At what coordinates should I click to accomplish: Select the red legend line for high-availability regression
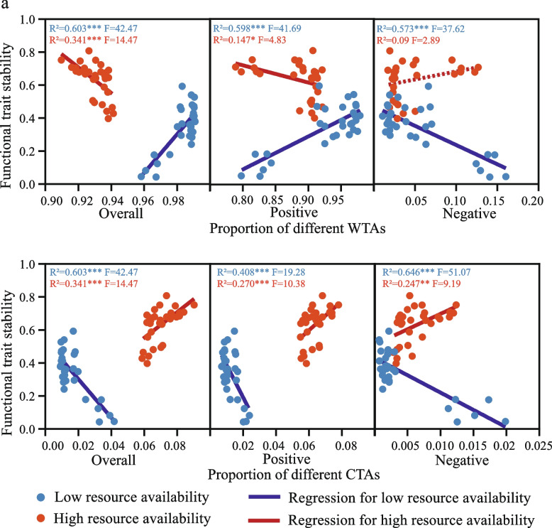[x=275, y=518]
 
